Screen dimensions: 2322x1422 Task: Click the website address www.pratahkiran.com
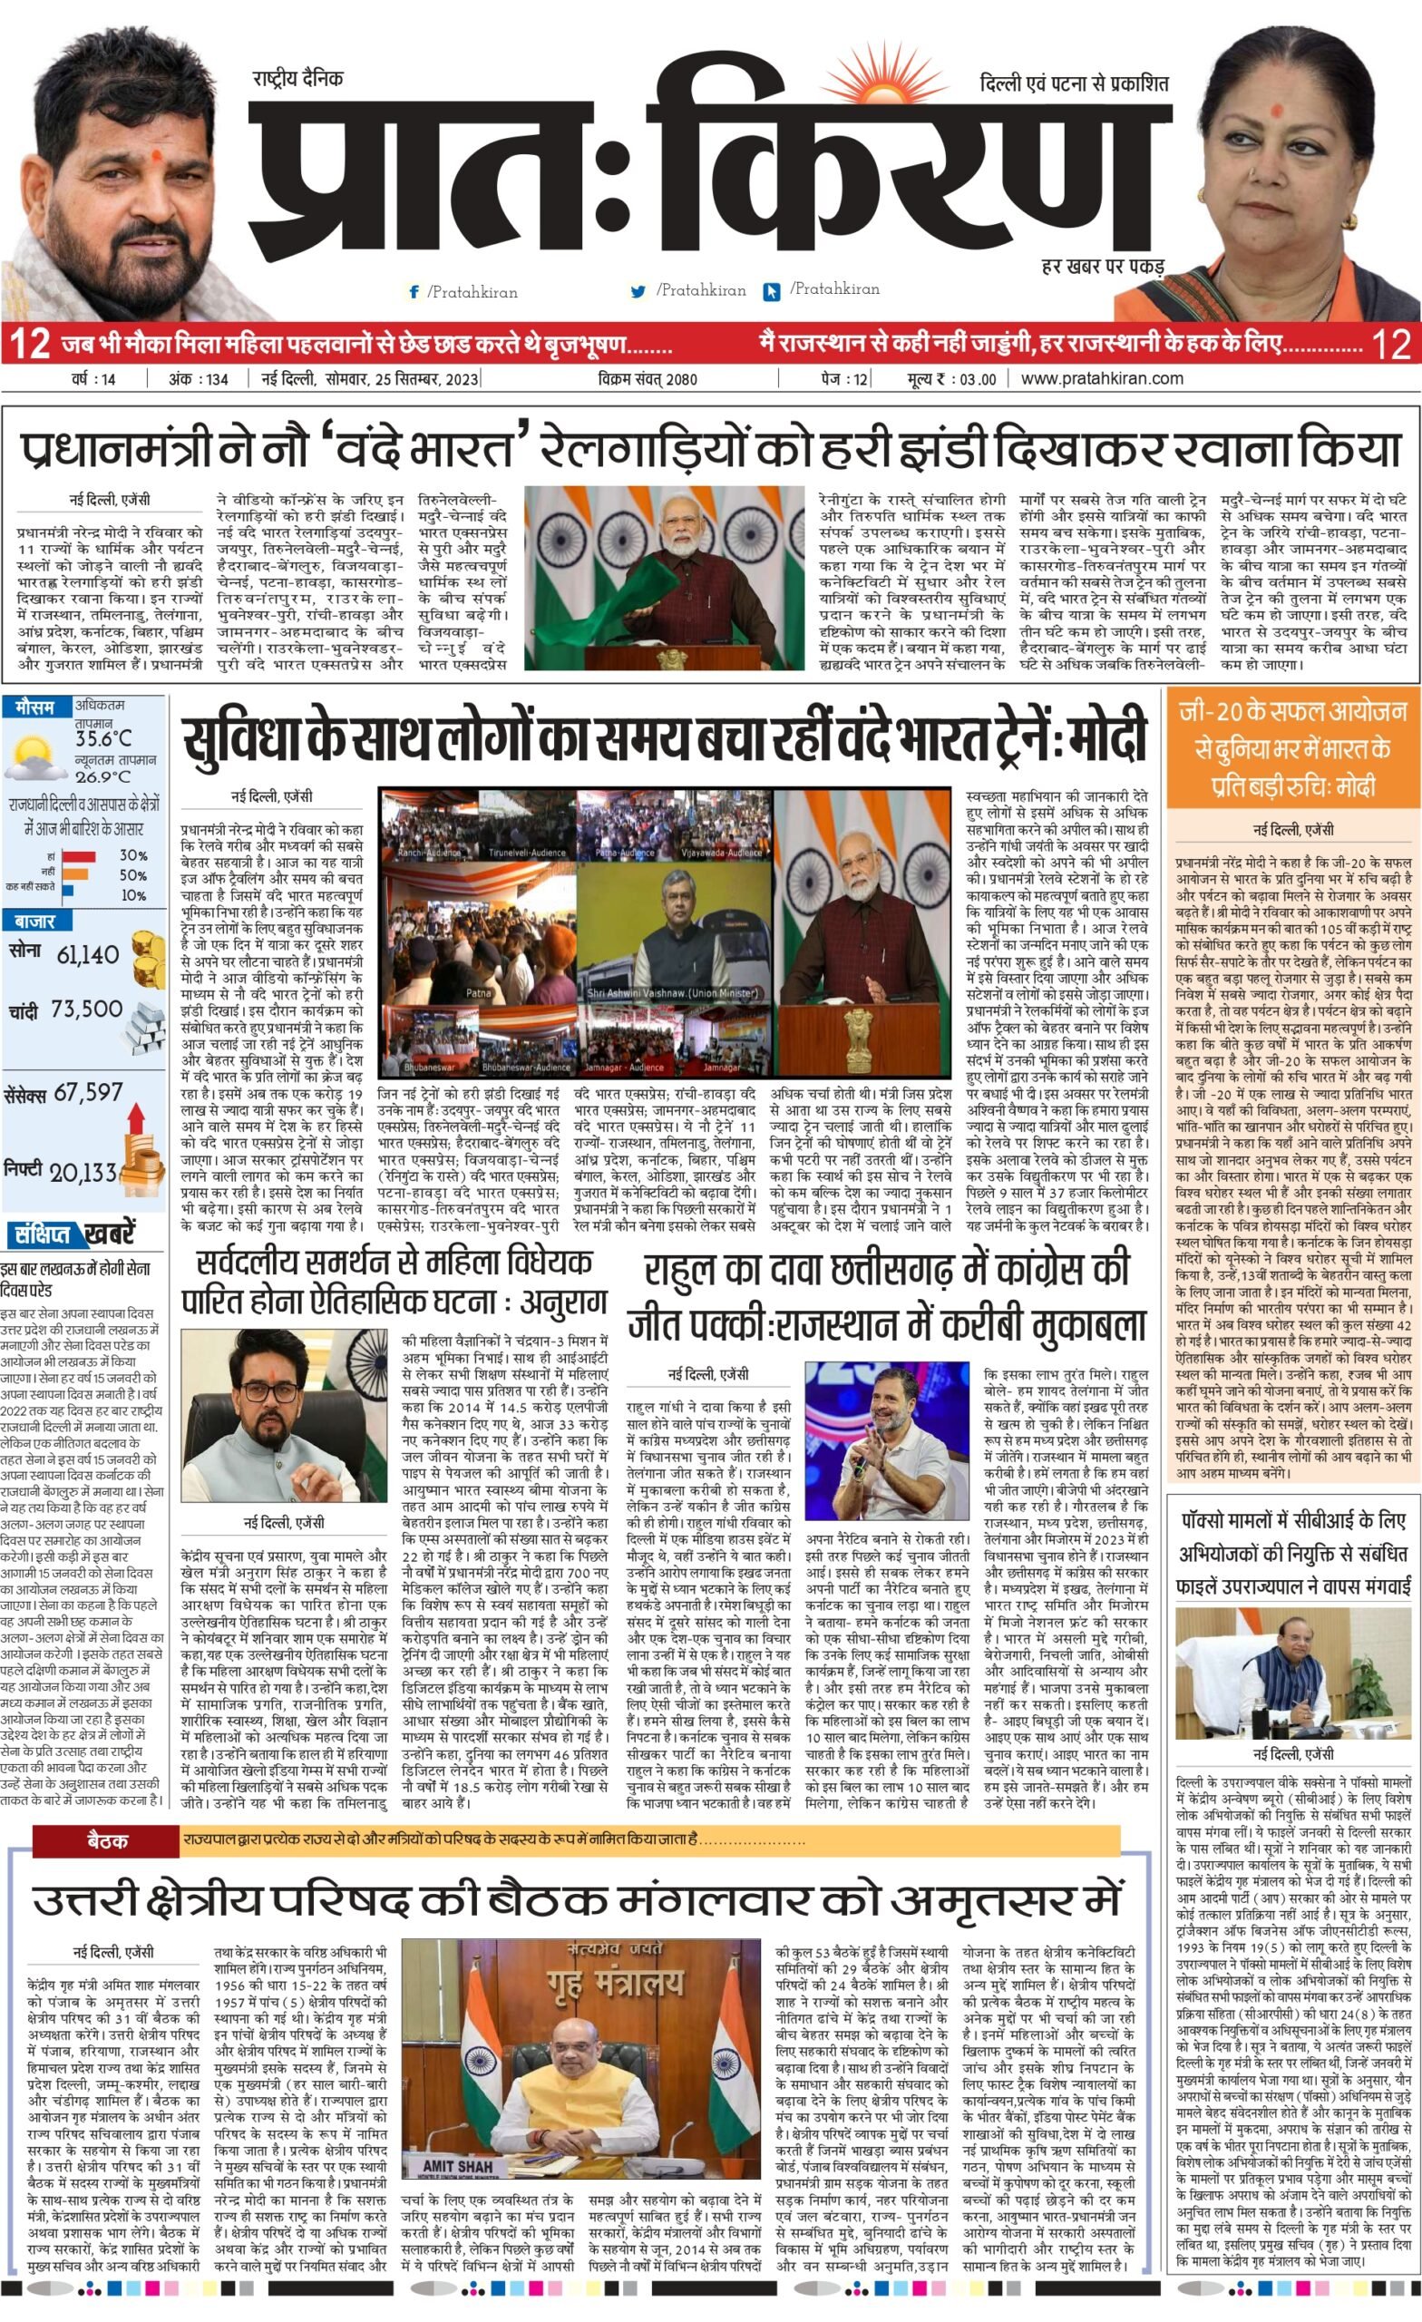click(1102, 379)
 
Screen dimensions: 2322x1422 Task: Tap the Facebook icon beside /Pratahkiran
click(414, 292)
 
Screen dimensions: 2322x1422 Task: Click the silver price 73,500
click(87, 1010)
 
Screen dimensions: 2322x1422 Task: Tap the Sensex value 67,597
click(89, 1092)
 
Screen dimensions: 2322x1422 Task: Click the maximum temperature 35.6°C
click(103, 739)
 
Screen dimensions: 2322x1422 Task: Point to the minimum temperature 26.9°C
click(102, 777)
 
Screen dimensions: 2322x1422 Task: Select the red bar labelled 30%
click(79, 855)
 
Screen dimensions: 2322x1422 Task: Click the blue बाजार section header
click(34, 921)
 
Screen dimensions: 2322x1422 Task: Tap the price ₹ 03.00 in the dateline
click(953, 380)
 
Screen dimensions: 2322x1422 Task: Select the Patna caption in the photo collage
click(478, 993)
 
